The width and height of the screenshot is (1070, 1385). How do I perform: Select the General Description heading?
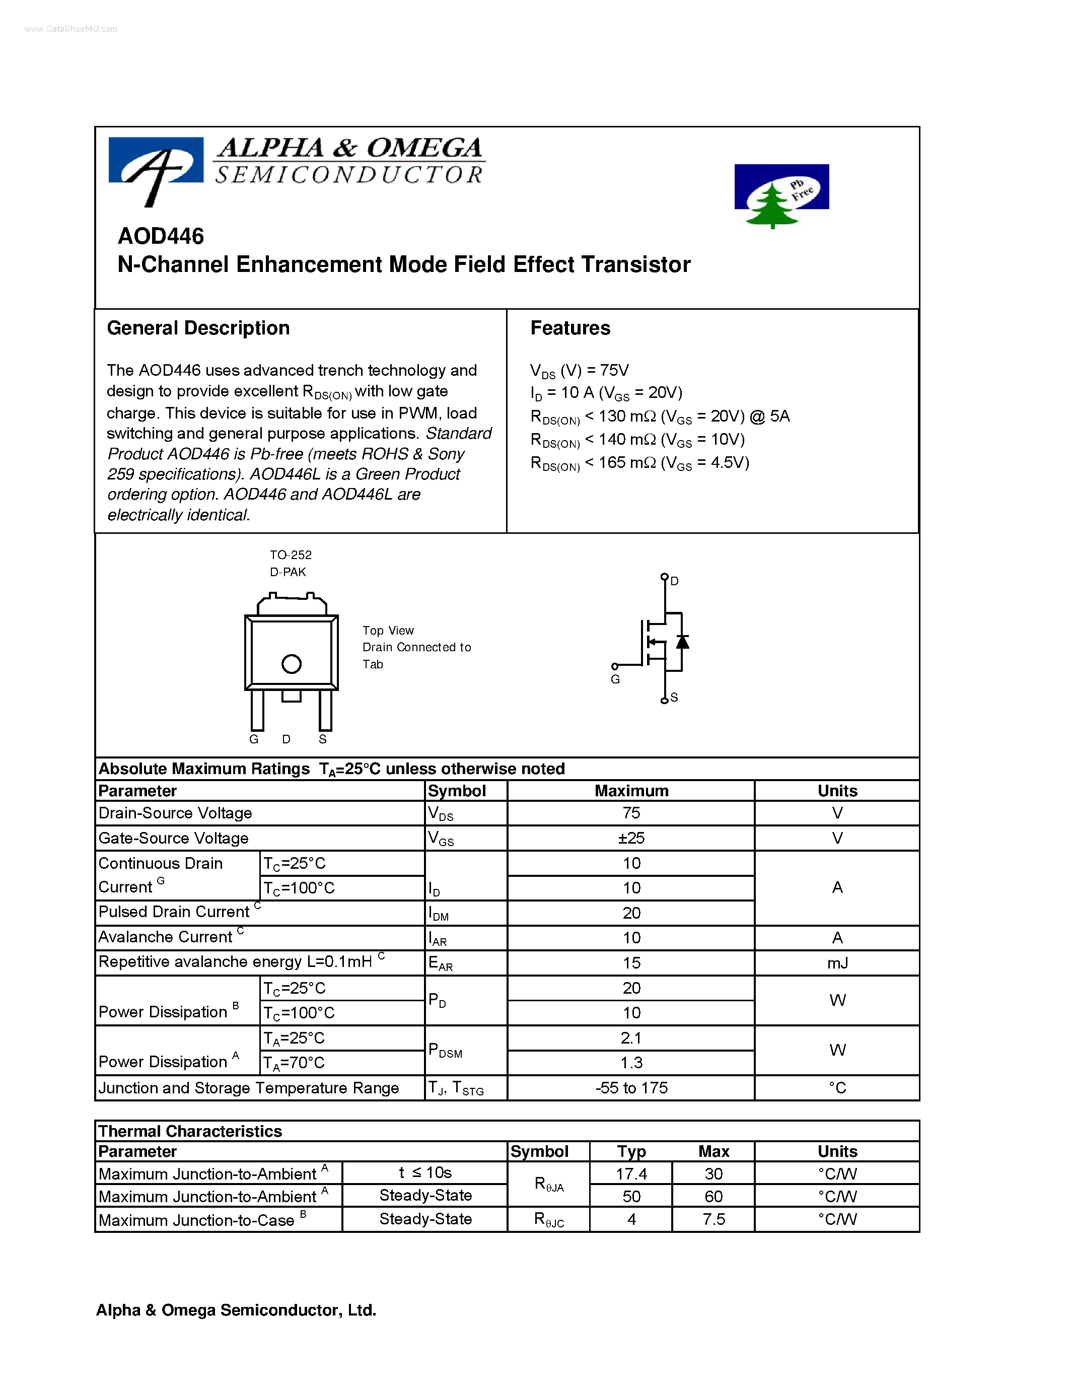[198, 328]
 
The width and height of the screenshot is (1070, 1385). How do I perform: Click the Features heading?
[570, 328]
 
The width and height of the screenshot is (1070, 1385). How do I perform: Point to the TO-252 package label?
[291, 555]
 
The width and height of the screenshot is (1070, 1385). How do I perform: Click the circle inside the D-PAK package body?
[291, 664]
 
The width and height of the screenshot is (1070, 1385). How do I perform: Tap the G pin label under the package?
[254, 739]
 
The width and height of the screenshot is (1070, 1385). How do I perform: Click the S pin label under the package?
[323, 739]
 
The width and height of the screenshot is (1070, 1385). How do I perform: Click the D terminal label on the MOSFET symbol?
[674, 581]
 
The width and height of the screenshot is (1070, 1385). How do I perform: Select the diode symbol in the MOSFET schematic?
[682, 642]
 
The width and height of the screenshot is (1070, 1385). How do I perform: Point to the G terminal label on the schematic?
[615, 679]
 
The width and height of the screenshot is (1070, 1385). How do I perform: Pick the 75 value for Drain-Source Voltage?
[631, 813]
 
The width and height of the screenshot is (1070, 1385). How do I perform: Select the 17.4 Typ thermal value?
[631, 1174]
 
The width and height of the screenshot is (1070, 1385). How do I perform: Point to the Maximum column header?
[631, 791]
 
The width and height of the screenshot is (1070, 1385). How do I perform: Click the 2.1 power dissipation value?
[631, 1038]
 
